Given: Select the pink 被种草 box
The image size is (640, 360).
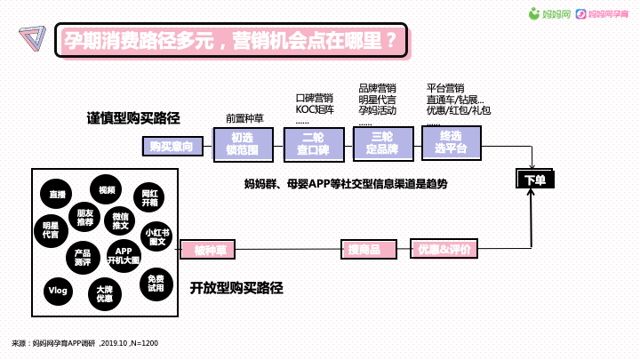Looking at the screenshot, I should [x=212, y=250].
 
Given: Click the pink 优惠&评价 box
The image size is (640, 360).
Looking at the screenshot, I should [x=444, y=250].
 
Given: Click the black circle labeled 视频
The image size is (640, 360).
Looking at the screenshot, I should [x=107, y=190].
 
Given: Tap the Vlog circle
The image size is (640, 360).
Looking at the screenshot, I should [x=57, y=290].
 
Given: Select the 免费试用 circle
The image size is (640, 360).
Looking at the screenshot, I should [x=156, y=283].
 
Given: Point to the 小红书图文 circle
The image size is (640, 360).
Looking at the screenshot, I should [x=157, y=236].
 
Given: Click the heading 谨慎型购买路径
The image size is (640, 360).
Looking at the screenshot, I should [x=133, y=118].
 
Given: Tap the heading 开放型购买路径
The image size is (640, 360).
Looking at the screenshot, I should [x=236, y=288].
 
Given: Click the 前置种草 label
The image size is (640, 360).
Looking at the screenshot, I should [x=245, y=117].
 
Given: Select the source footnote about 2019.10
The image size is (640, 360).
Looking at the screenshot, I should [x=84, y=342].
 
